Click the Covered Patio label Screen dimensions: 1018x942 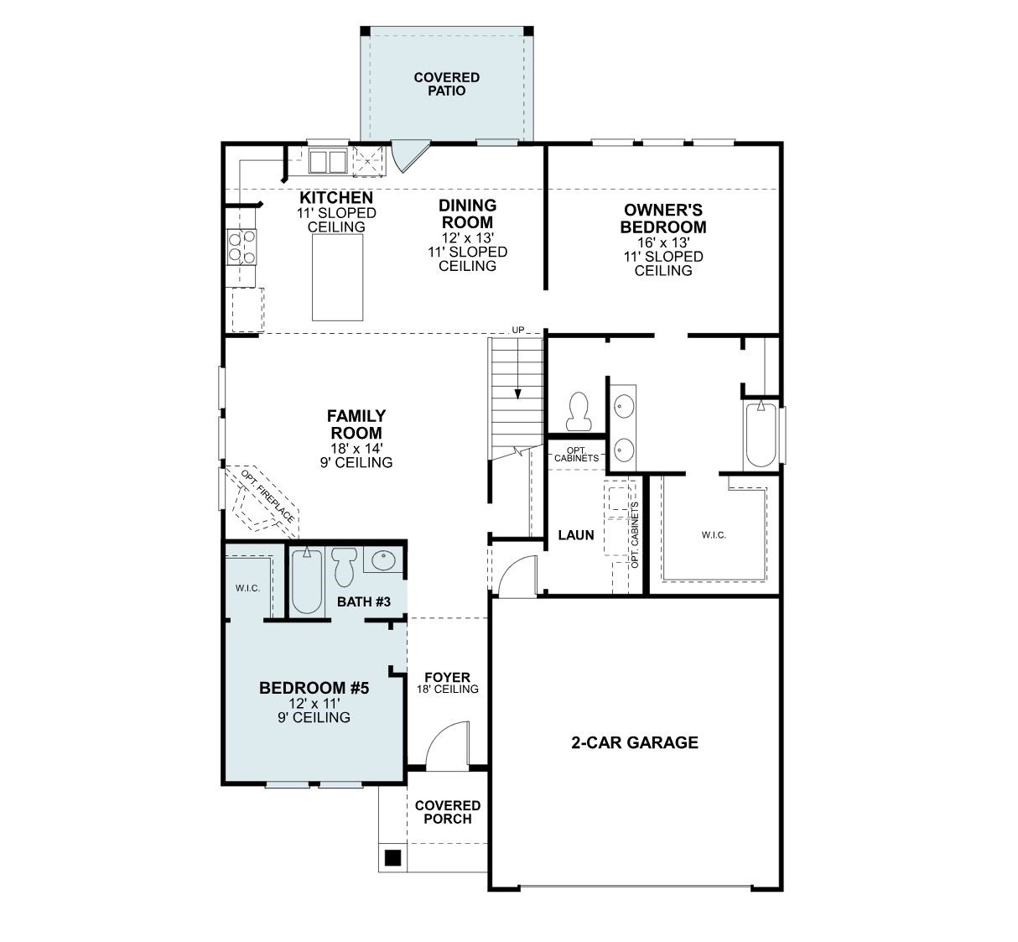(446, 84)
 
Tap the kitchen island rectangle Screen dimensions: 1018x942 (338, 278)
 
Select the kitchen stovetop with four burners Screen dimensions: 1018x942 (242, 247)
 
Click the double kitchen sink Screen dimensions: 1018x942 (328, 162)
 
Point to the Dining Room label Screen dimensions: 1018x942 (467, 214)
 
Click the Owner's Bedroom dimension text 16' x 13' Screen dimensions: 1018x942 (663, 242)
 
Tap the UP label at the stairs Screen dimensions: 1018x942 (518, 330)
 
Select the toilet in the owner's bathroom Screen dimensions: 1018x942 (579, 411)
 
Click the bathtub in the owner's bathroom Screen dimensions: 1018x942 (761, 435)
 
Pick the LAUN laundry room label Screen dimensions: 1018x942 (576, 535)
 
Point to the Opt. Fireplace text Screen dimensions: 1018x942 (267, 496)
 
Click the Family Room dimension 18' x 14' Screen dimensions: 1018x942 (356, 448)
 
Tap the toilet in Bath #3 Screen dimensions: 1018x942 (345, 567)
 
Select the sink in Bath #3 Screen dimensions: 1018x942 (383, 560)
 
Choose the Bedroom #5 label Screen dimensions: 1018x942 (314, 688)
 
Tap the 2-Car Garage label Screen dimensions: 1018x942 (635, 742)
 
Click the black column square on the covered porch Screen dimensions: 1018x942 (392, 858)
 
